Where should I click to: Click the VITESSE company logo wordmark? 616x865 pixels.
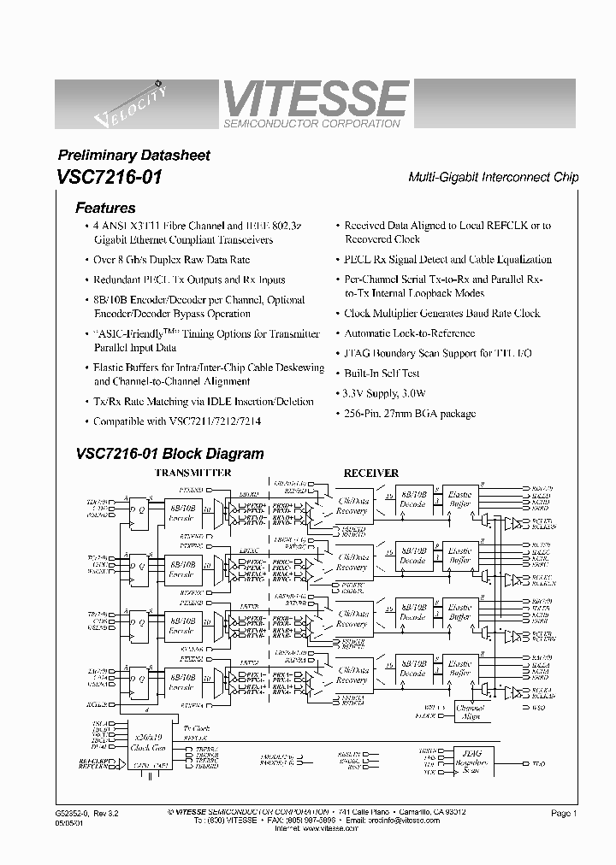pos(314,98)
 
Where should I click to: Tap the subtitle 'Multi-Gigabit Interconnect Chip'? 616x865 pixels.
pos(493,177)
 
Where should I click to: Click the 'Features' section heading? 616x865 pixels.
pos(105,208)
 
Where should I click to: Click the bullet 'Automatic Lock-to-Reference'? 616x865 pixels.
pos(409,333)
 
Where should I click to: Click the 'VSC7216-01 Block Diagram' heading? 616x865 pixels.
pos(169,454)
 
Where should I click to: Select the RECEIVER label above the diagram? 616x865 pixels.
pos(370,473)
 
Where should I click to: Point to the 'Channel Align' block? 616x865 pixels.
pos(470,712)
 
